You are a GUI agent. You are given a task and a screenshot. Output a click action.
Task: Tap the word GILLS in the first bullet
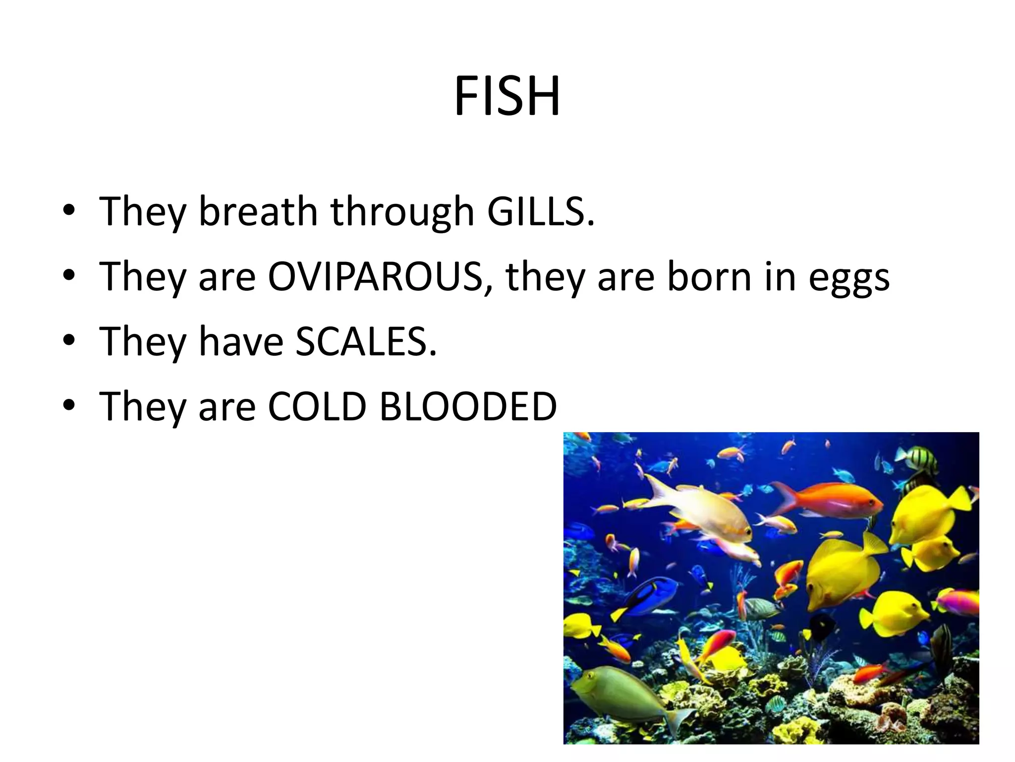pyautogui.click(x=540, y=211)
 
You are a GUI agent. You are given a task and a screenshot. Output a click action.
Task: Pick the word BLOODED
pyautogui.click(x=468, y=406)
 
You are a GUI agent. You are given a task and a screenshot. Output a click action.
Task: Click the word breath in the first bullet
pyautogui.click(x=258, y=211)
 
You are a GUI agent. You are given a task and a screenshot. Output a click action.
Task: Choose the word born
pyautogui.click(x=709, y=276)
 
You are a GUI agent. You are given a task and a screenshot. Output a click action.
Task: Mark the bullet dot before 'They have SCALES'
pyautogui.click(x=69, y=340)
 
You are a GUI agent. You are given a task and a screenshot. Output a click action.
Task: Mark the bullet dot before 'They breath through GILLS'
pyautogui.click(x=69, y=210)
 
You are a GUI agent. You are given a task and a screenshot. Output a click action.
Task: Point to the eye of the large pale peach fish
pyautogui.click(x=746, y=532)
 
